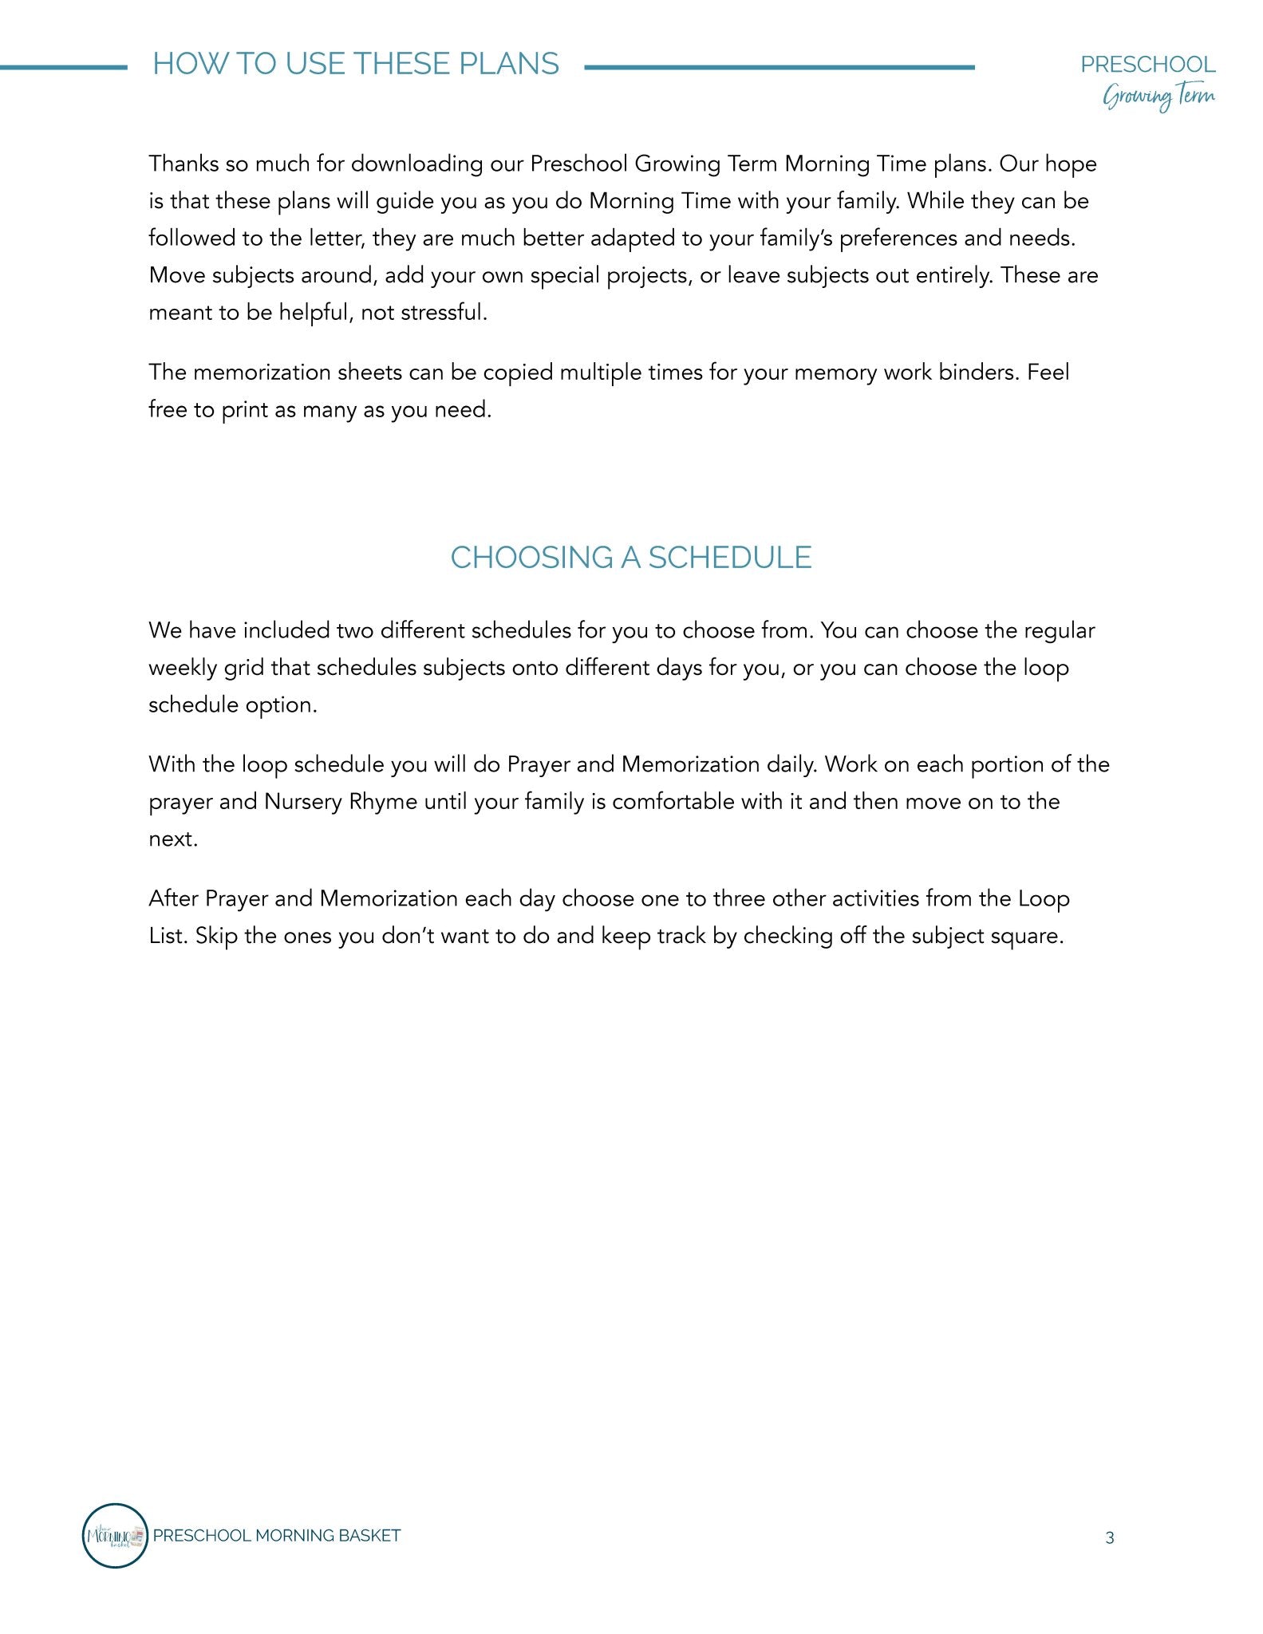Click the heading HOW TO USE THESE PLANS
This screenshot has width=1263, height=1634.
(x=356, y=64)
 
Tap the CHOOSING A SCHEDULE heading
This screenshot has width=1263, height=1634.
(x=630, y=558)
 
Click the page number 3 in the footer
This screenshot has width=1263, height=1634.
(x=1109, y=1537)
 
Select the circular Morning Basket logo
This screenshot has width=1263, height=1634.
(x=115, y=1535)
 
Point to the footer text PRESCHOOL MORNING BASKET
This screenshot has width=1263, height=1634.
(x=276, y=1536)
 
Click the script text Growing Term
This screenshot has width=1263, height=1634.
(x=1158, y=97)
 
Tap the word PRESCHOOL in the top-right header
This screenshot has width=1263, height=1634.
(x=1147, y=65)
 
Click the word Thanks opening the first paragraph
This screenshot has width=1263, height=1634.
(x=184, y=164)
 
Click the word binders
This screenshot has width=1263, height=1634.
(x=979, y=373)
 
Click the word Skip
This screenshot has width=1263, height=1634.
(x=216, y=936)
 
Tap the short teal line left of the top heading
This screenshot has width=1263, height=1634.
(x=63, y=68)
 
